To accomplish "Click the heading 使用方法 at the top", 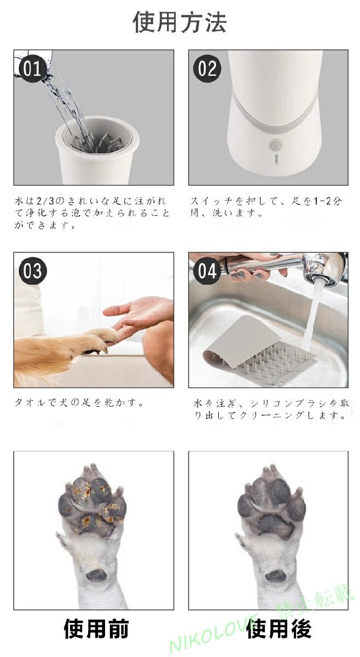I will [179, 22].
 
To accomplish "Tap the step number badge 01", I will [33, 69].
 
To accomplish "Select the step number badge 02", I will [207, 69].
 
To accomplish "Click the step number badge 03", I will [33, 271].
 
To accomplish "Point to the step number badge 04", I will [207, 271].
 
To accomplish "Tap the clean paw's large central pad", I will [270, 517].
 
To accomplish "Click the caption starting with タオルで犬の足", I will [79, 403].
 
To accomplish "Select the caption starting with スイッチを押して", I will [267, 208].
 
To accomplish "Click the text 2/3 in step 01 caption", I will [43, 201].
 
